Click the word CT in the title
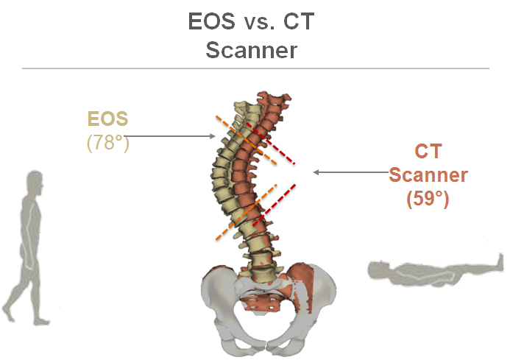[x=296, y=21]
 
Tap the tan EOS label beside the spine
[x=108, y=119]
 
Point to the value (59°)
[x=428, y=198]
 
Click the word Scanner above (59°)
[x=428, y=175]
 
